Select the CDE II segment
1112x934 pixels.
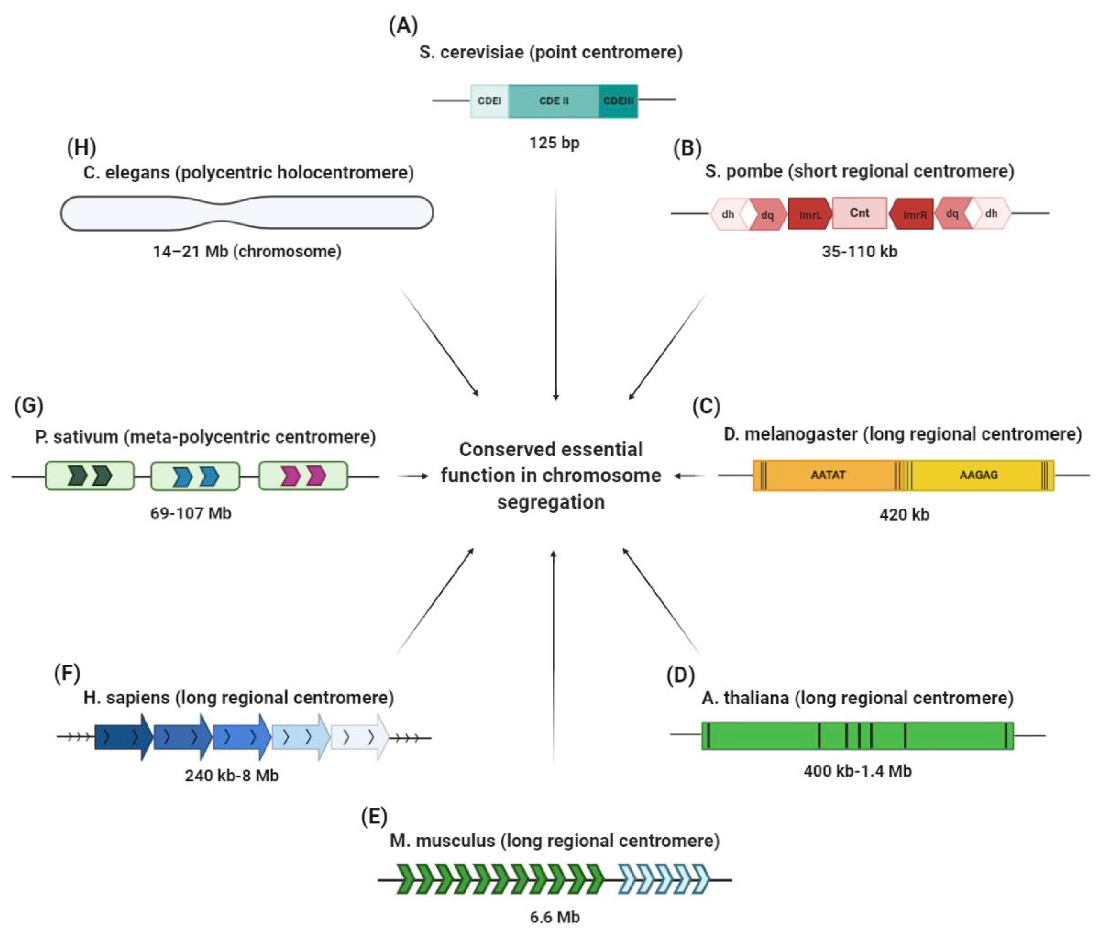click(553, 101)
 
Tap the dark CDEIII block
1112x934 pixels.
click(618, 101)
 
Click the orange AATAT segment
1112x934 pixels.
click(828, 475)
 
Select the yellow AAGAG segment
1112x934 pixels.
click(978, 475)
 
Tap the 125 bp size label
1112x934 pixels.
click(554, 143)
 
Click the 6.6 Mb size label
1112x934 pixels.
click(555, 917)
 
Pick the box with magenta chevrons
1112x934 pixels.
click(303, 476)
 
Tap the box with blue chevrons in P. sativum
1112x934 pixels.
click(195, 476)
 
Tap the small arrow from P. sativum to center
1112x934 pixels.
click(413, 476)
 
